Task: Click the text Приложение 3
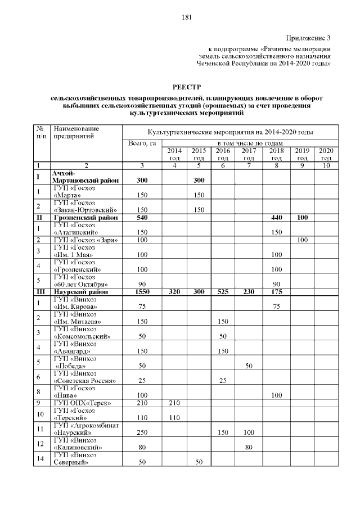point(308,38)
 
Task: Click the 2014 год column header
point(174,154)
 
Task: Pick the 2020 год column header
point(326,154)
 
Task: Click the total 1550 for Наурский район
point(142,292)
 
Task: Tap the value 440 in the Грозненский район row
point(276,217)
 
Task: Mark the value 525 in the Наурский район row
point(223,292)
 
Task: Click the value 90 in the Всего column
point(142,285)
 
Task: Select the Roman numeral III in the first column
point(40,292)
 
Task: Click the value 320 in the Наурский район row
point(174,292)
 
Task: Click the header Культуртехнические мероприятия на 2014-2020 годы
point(230,132)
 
